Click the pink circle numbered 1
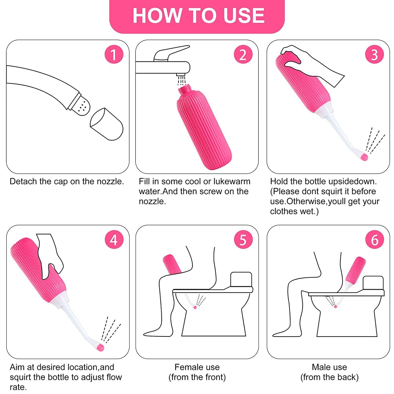tap(114, 54)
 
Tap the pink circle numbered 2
tap(243, 54)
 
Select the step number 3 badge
tap(374, 54)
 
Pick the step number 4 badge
tap(114, 239)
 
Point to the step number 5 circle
tap(243, 239)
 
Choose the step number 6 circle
tap(374, 239)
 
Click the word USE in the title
tap(244, 16)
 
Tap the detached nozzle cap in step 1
tap(107, 124)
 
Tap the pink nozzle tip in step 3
tap(364, 157)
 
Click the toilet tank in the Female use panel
tap(241, 279)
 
